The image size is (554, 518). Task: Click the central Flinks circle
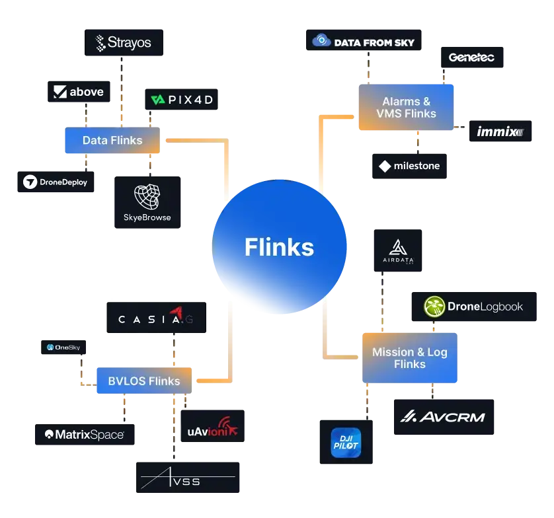click(279, 246)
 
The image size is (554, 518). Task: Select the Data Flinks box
click(112, 140)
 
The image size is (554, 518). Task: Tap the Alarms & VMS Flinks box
click(406, 107)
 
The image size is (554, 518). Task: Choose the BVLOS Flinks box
click(144, 381)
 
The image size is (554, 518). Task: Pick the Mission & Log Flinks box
click(410, 357)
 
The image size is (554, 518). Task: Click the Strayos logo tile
click(124, 43)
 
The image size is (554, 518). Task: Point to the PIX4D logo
click(181, 99)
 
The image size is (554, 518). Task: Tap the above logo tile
click(79, 92)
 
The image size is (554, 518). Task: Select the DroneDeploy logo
click(56, 182)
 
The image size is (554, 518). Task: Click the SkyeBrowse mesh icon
click(147, 197)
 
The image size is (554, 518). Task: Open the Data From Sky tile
click(364, 40)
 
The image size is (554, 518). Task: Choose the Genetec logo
click(472, 57)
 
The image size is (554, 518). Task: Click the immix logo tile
click(500, 131)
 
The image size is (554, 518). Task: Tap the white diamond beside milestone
click(385, 166)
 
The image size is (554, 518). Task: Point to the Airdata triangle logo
click(398, 247)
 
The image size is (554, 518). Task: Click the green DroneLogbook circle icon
click(434, 307)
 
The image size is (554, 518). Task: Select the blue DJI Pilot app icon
click(346, 443)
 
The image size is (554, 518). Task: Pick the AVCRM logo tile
click(444, 417)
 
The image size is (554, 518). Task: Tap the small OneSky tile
click(63, 347)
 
